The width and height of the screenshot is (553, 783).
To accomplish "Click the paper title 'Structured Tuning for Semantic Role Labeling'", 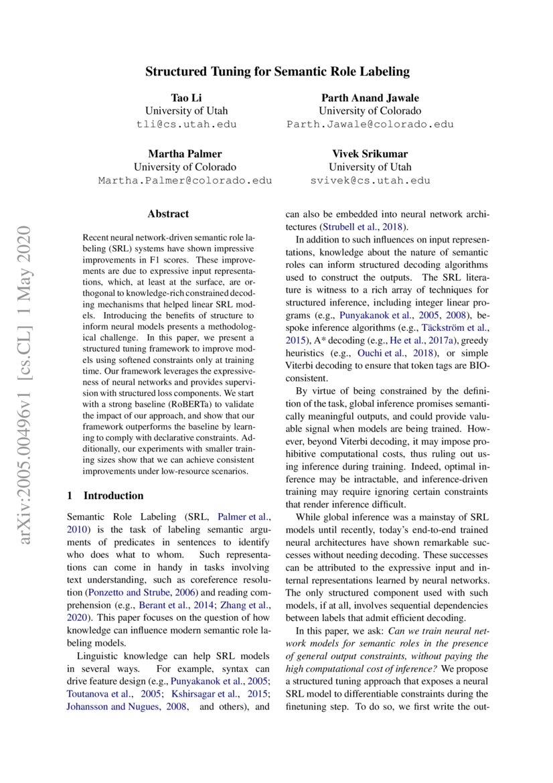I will point(277,71).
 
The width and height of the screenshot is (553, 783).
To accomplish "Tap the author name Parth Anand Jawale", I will point(370,98).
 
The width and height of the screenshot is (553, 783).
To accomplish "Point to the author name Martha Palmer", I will point(185,154).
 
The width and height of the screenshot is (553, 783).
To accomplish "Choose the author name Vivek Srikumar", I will point(370,154).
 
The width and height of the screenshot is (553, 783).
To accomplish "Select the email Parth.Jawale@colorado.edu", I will point(370,124).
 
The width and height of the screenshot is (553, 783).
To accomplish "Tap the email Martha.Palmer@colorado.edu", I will point(185,180).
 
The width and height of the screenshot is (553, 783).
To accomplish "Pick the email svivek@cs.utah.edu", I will point(370,180).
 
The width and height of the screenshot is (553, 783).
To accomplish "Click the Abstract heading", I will point(168,214).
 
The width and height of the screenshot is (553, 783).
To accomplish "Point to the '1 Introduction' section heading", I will point(106,496).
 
